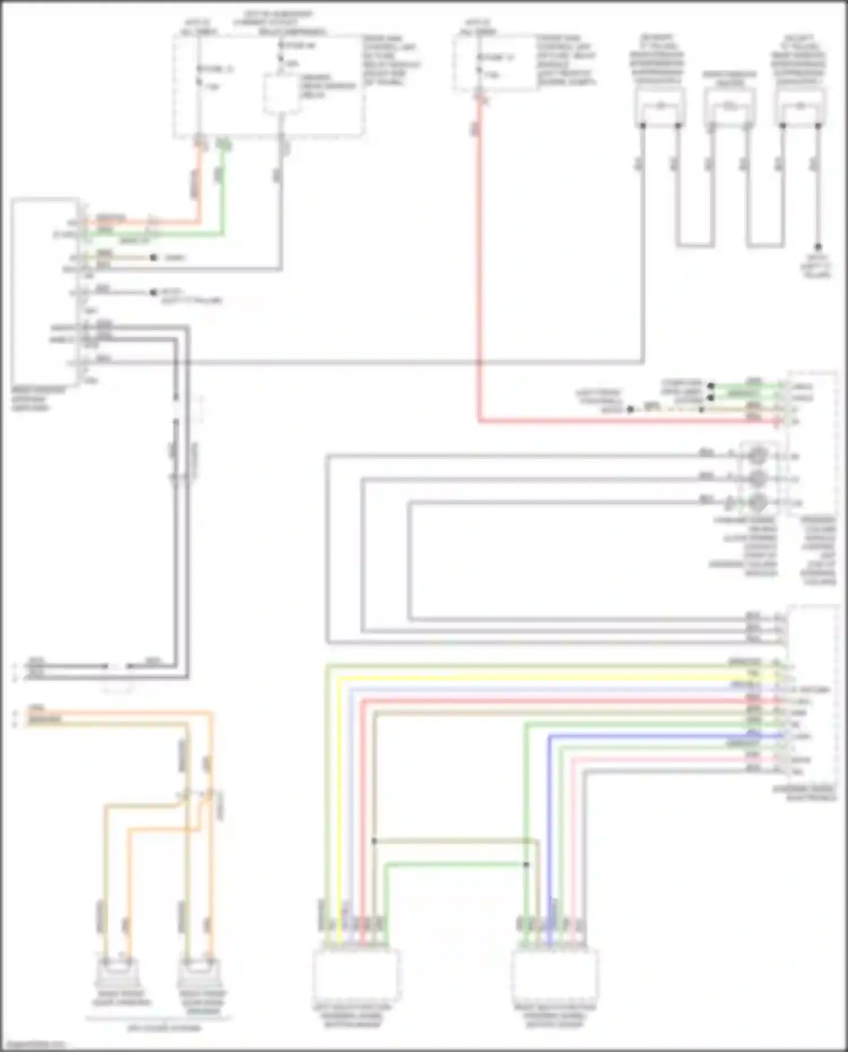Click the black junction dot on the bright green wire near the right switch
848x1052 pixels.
pyautogui.click(x=526, y=864)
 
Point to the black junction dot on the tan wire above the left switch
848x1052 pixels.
pyautogui.click(x=374, y=841)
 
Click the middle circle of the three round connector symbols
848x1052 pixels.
pyautogui.click(x=758, y=479)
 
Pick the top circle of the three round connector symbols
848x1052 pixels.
pyautogui.click(x=758, y=455)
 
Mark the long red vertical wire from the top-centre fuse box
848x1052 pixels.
pyautogui.click(x=479, y=254)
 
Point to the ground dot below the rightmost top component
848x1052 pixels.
pyautogui.click(x=817, y=247)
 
